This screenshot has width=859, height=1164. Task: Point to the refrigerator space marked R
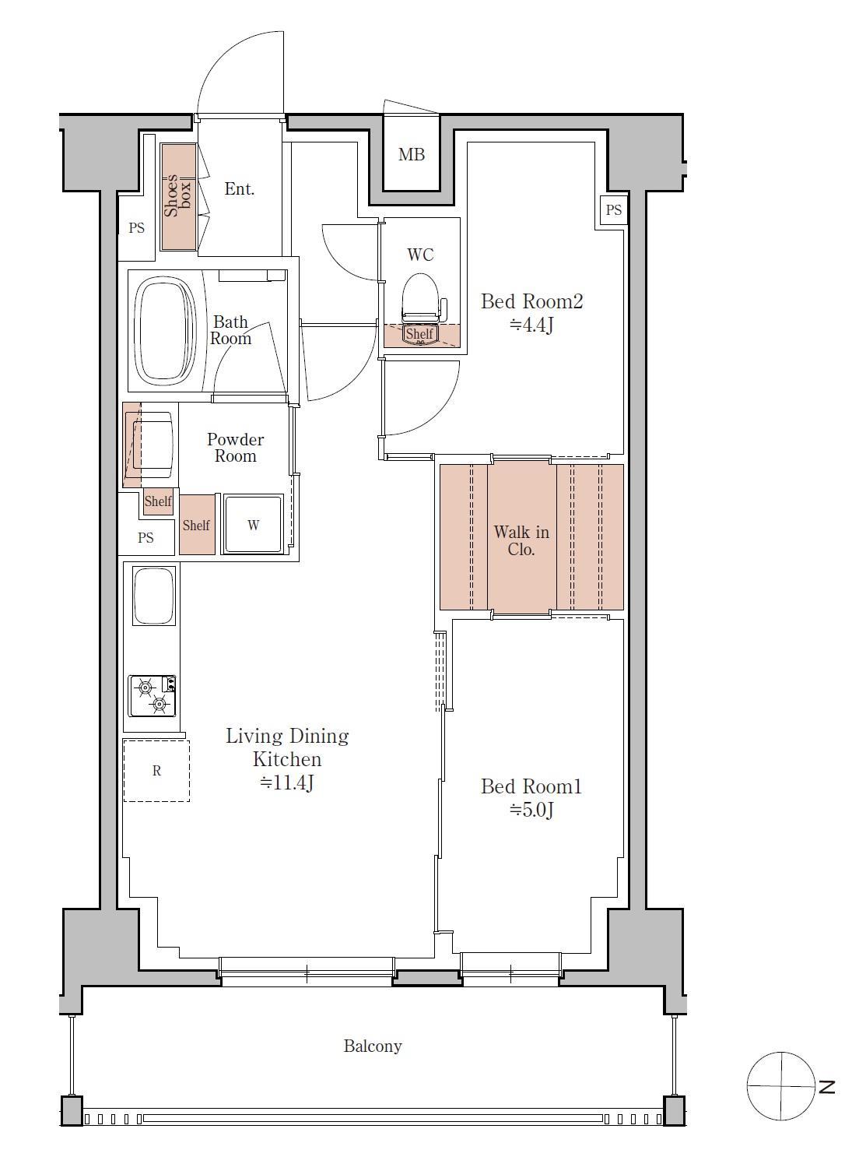[156, 771]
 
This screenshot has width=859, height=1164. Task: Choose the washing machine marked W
[254, 524]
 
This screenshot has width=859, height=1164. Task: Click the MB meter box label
[412, 155]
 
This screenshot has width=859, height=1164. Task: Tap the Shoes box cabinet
[178, 197]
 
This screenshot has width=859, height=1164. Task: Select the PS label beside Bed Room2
[614, 210]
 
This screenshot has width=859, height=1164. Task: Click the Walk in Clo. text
[521, 540]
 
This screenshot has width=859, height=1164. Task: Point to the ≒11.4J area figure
[287, 782]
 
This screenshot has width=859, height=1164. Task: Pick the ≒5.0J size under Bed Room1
[531, 810]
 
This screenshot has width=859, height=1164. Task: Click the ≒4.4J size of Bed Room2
[531, 325]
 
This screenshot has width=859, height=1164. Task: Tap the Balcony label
[373, 1046]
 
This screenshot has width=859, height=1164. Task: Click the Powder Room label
[236, 448]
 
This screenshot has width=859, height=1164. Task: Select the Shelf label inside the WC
[419, 333]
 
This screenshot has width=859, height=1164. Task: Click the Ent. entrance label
[240, 188]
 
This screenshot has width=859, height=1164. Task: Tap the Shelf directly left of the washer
[197, 525]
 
